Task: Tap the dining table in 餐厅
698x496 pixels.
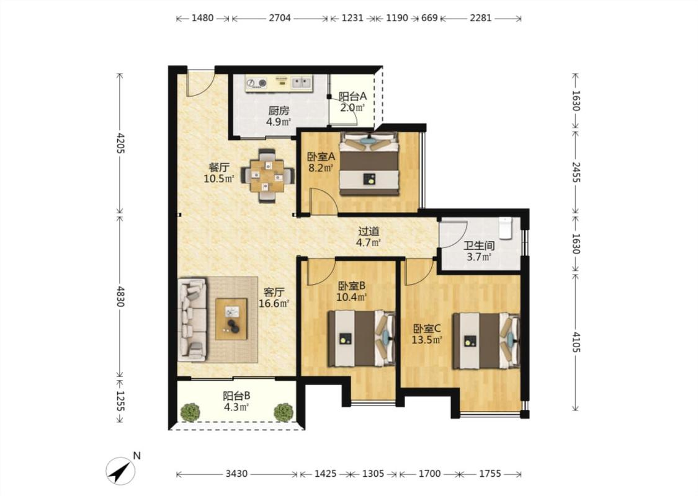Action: (x=267, y=175)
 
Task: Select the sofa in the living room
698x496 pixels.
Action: (x=192, y=319)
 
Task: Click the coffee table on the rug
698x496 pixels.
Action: (x=231, y=319)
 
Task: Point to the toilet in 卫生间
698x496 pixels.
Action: (x=505, y=227)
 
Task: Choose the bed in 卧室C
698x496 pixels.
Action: (x=486, y=341)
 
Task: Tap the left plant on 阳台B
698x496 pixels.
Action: (x=191, y=412)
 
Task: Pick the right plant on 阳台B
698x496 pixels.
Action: (x=283, y=412)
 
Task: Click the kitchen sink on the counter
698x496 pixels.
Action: (x=302, y=82)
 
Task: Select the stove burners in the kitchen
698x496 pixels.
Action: (x=256, y=82)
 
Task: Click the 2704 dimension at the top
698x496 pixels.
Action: (x=280, y=18)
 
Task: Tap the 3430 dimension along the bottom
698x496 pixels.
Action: (x=236, y=474)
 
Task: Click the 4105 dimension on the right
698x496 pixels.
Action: (x=576, y=342)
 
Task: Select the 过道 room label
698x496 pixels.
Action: (x=369, y=231)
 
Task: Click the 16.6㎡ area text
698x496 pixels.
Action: (x=274, y=303)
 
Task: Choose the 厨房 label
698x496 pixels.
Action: (x=278, y=110)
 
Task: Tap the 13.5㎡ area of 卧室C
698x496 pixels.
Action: (x=426, y=340)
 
